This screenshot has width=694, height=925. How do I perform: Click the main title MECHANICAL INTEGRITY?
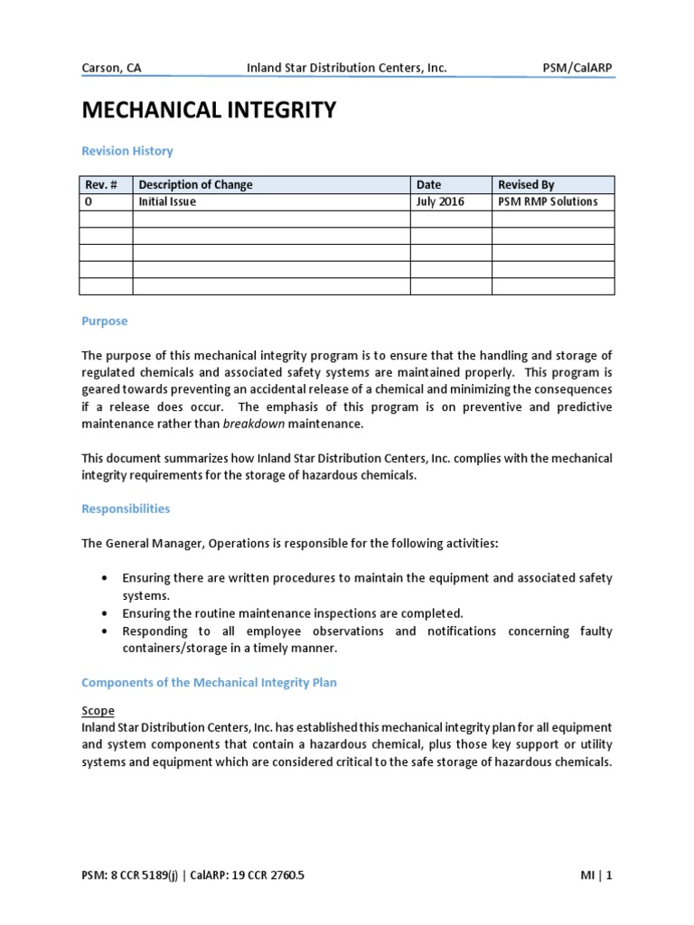pos(209,110)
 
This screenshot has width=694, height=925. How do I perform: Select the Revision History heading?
pos(127,151)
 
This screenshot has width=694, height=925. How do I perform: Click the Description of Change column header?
pos(195,184)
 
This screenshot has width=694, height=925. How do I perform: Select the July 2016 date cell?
pos(440,201)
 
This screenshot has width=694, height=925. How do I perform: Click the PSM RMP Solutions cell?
pos(548,201)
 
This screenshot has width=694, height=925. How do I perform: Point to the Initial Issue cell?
pos(167,201)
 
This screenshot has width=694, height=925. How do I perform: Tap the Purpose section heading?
pos(105,321)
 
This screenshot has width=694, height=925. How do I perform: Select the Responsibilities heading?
pos(126,509)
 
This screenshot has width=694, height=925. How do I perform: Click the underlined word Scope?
pos(98,711)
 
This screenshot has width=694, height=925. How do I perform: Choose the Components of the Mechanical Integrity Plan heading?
pos(209,682)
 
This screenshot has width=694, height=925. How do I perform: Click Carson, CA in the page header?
pos(111,68)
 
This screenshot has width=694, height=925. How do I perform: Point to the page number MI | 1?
pos(596,875)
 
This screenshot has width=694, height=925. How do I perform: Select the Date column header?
pos(429,184)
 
